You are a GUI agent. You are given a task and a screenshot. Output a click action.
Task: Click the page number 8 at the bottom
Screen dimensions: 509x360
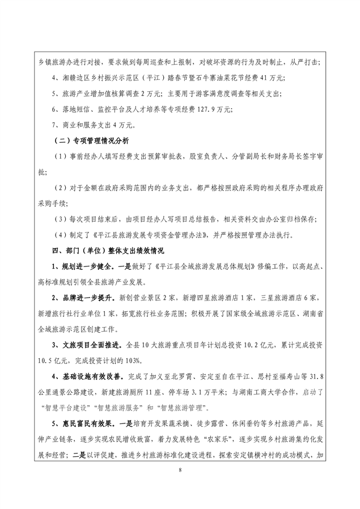pos(180,470)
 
